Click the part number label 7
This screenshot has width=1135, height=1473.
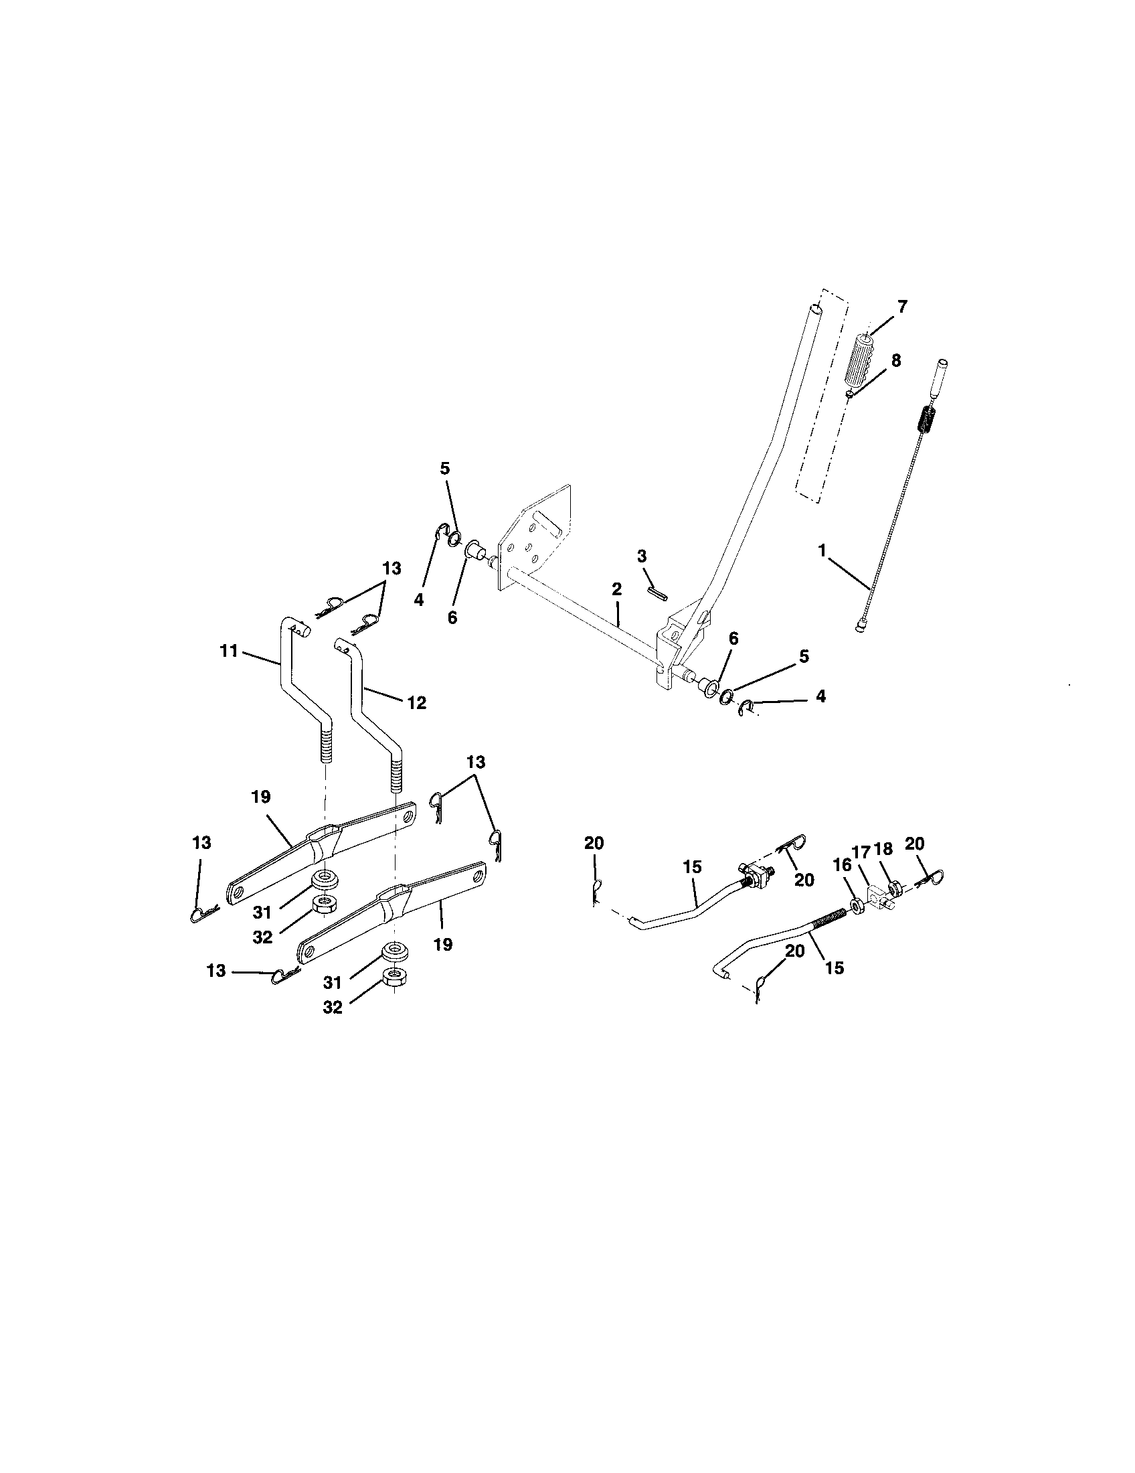coord(902,307)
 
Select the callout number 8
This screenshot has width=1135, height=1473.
coord(895,361)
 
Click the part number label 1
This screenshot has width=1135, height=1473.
coord(822,550)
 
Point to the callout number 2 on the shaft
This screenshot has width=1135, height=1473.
coord(616,589)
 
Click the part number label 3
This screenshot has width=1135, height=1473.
coord(642,556)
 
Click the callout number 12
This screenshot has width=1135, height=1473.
coord(416,703)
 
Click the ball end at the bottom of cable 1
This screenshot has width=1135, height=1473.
coord(861,628)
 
